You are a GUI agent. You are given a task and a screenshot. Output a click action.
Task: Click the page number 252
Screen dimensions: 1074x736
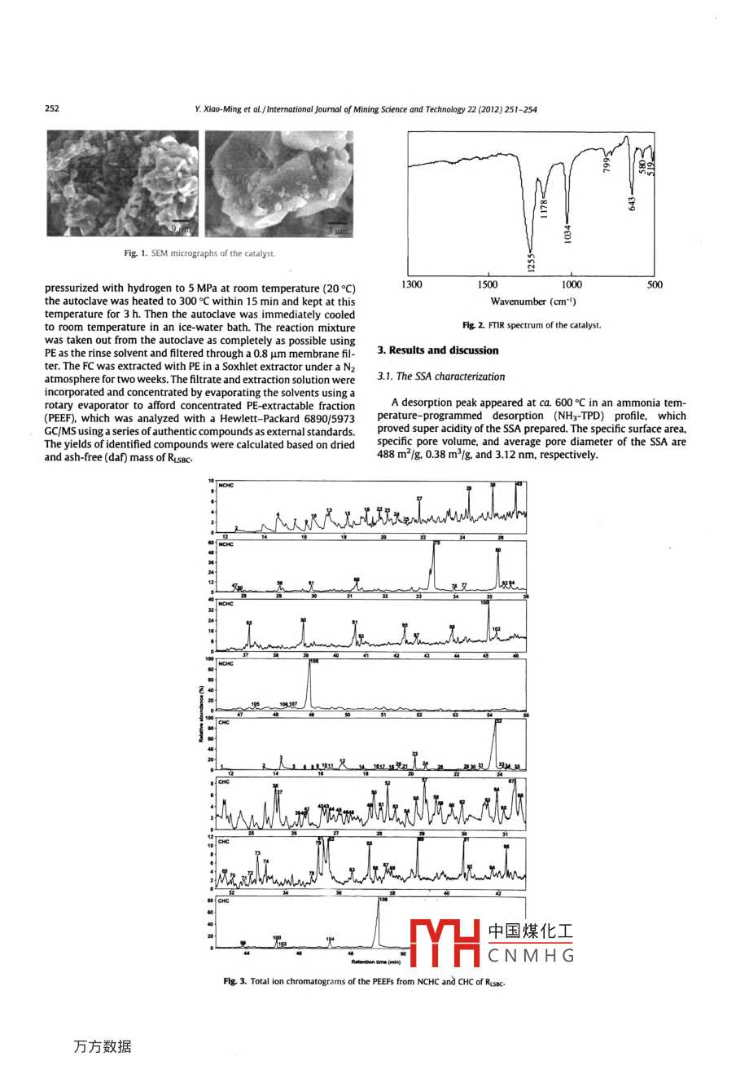52,109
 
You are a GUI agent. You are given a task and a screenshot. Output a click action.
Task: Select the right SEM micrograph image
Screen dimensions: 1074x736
278,183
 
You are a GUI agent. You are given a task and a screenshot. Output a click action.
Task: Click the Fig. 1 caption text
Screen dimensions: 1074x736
199,253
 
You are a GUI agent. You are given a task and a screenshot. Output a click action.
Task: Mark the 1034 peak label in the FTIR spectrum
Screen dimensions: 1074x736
568,232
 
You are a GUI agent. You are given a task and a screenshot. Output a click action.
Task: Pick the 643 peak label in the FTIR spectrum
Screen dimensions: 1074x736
633,201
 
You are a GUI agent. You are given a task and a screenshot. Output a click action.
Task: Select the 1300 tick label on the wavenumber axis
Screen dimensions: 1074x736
412,284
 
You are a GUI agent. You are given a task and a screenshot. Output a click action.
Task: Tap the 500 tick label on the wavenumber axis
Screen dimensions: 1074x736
655,284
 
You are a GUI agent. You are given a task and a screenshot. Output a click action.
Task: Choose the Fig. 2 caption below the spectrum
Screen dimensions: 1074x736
532,325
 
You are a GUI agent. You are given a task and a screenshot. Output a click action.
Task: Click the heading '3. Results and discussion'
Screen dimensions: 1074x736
438,350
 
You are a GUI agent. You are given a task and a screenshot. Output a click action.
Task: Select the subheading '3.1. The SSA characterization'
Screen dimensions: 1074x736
440,376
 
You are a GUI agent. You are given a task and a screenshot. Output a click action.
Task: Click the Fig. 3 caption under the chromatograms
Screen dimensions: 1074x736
365,982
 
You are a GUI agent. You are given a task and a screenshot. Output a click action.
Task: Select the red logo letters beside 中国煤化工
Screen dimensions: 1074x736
445,943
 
